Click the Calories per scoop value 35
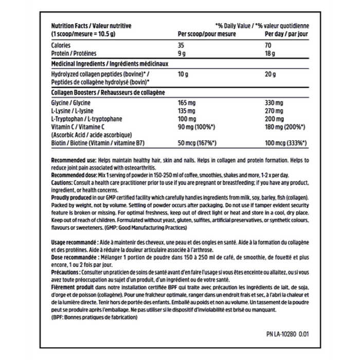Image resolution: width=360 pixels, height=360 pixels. pyautogui.click(x=181, y=45)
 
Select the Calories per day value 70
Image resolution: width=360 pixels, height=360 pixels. pyautogui.click(x=269, y=45)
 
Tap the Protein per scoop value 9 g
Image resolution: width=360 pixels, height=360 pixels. pyautogui.click(x=181, y=52)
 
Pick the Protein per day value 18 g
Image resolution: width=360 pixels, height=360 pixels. pyautogui.click(x=271, y=52)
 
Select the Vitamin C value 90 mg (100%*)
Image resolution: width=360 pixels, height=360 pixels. pyautogui.click(x=195, y=126)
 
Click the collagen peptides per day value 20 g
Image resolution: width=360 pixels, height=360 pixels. pyautogui.click(x=271, y=74)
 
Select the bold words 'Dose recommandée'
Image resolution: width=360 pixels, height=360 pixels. pyautogui.click(x=71, y=253)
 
